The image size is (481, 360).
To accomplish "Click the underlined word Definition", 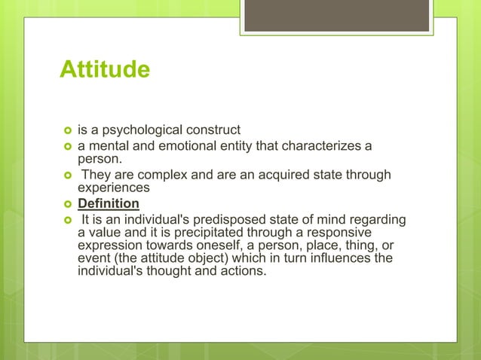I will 109,204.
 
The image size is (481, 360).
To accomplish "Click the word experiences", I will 115,188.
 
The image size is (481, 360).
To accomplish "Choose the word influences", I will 337,260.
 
